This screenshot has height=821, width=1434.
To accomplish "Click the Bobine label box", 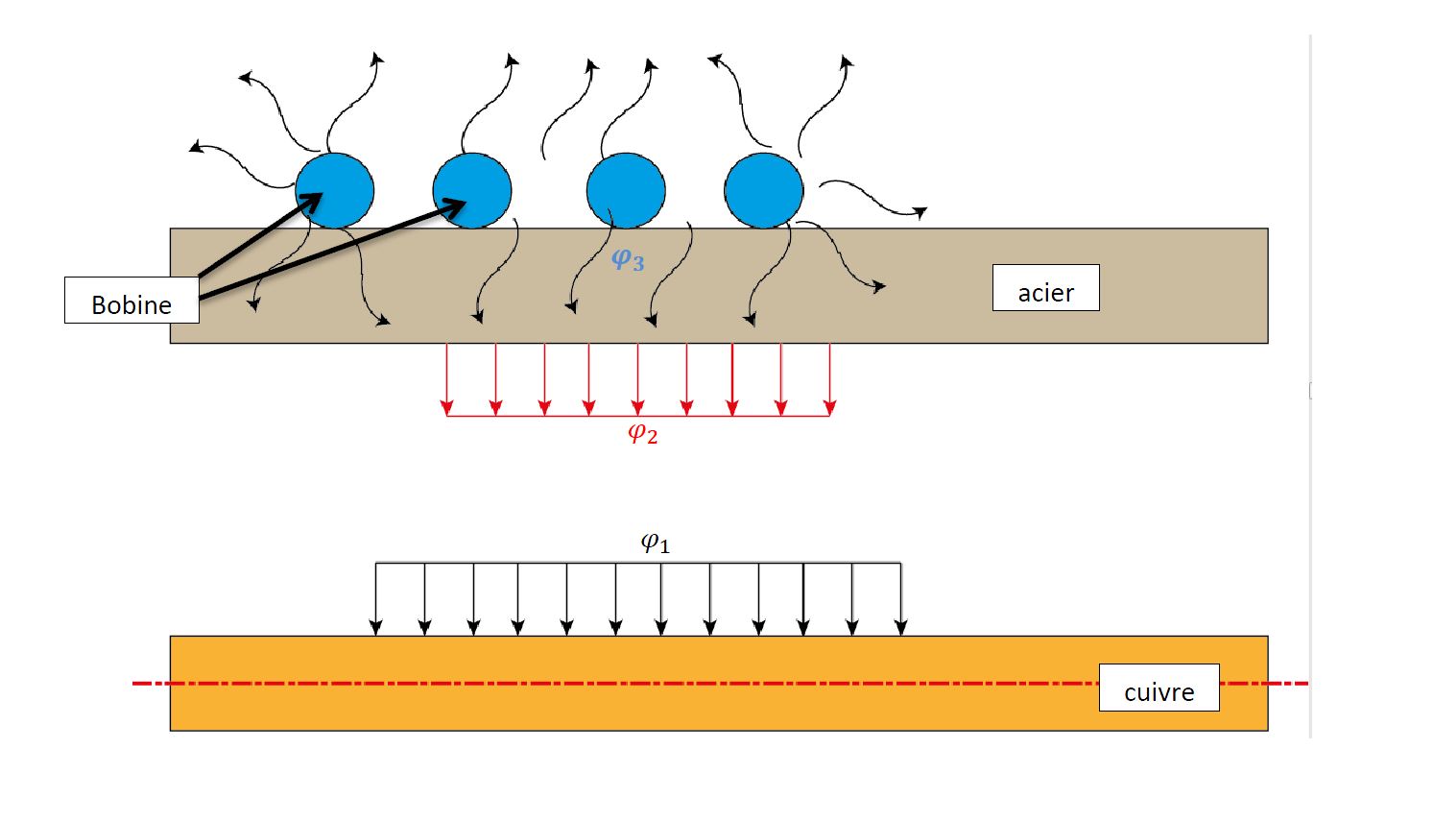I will tap(131, 301).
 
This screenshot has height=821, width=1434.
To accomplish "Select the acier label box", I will tap(1045, 288).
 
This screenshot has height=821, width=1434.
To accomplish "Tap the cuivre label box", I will tap(1159, 688).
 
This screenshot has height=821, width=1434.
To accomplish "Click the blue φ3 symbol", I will tap(628, 259).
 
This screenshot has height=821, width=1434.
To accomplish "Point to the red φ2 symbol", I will tap(642, 434).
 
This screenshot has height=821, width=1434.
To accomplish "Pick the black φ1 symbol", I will tap(655, 543).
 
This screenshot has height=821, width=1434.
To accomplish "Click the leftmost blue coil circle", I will tap(334, 190).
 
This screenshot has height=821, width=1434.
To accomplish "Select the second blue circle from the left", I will tap(472, 190).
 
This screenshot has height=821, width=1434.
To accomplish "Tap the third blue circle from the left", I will tap(626, 190).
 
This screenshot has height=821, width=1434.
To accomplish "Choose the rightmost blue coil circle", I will tap(764, 190).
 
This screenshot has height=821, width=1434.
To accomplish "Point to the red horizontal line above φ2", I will tap(638, 416).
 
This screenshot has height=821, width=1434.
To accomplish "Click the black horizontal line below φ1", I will tap(638, 563).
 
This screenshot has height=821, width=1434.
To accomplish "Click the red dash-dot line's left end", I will tap(135, 684).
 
